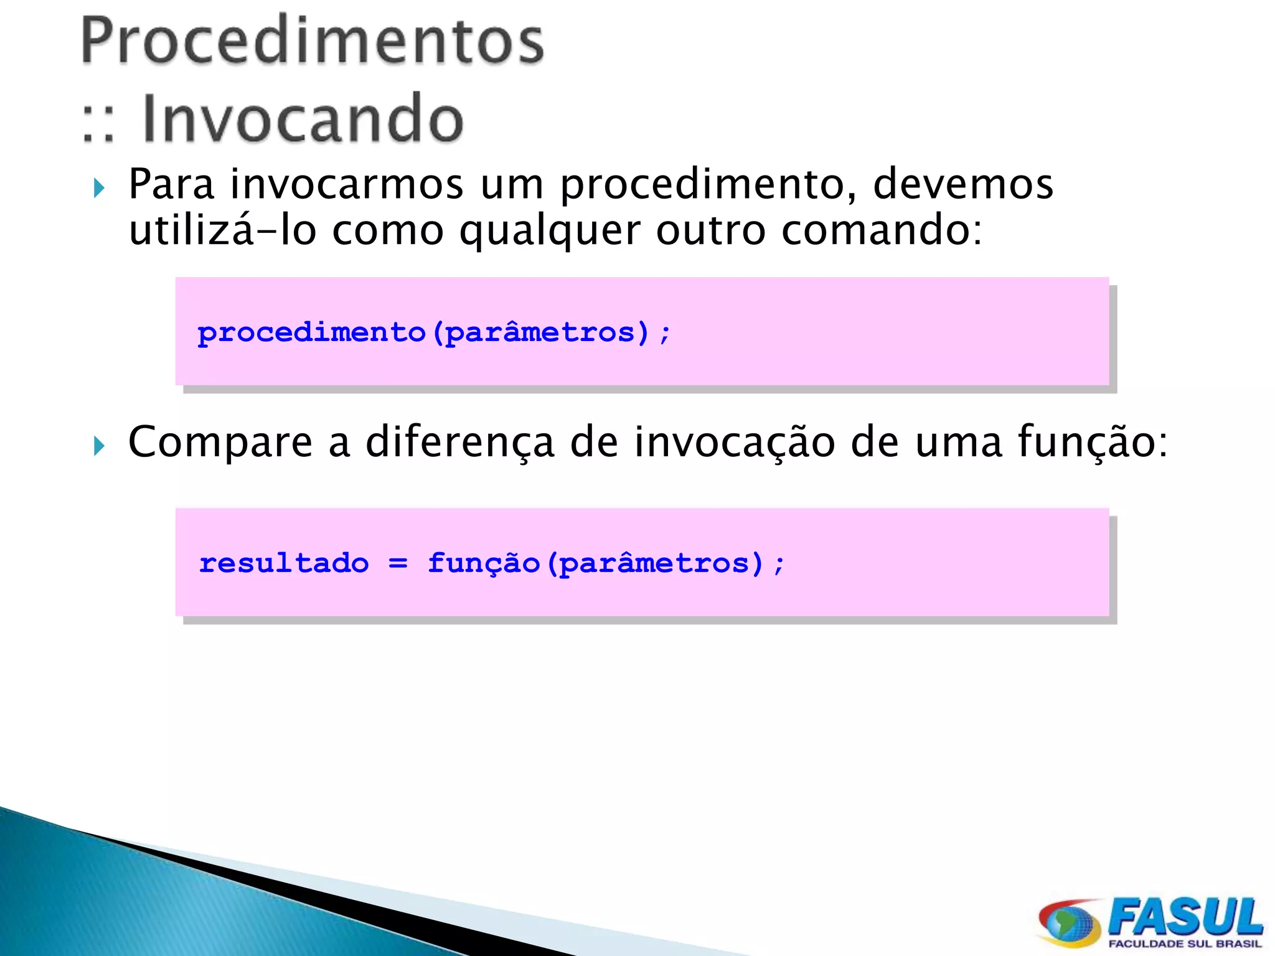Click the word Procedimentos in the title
313,41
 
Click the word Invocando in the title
303,118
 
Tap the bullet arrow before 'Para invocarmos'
99,187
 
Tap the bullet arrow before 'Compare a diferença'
99,445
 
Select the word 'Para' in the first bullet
171,184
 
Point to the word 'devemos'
962,184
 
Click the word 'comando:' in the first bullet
882,230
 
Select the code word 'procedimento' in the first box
311,332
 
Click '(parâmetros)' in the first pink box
540,332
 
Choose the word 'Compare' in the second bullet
220,443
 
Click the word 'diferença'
459,443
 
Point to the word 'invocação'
735,443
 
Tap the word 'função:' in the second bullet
1093,443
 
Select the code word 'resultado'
284,563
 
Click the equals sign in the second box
398,564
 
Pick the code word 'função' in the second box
483,564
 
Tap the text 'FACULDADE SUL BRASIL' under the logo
1185,944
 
